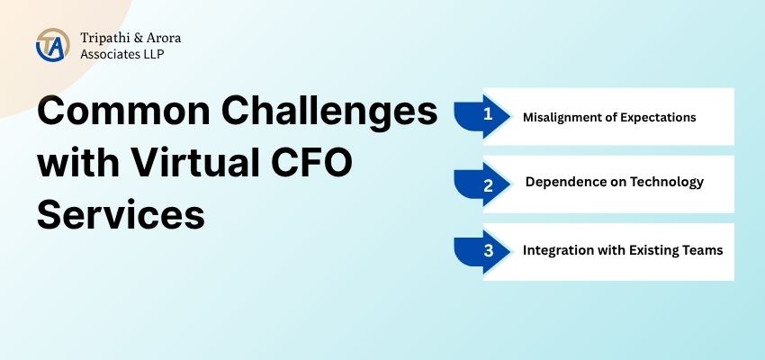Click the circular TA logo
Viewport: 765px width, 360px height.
pyautogui.click(x=51, y=45)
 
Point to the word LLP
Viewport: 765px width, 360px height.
pyautogui.click(x=151, y=54)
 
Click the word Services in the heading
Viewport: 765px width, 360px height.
pyautogui.click(x=121, y=217)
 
